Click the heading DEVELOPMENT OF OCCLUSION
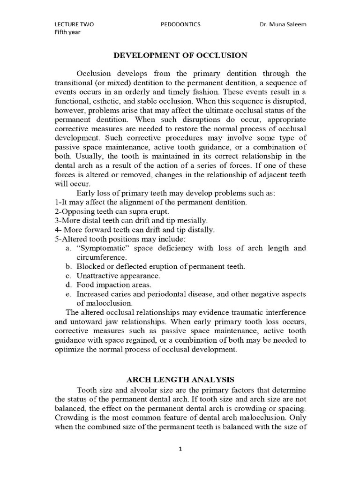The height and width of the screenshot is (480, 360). click(180, 55)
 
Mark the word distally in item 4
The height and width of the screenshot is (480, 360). click(200, 230)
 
